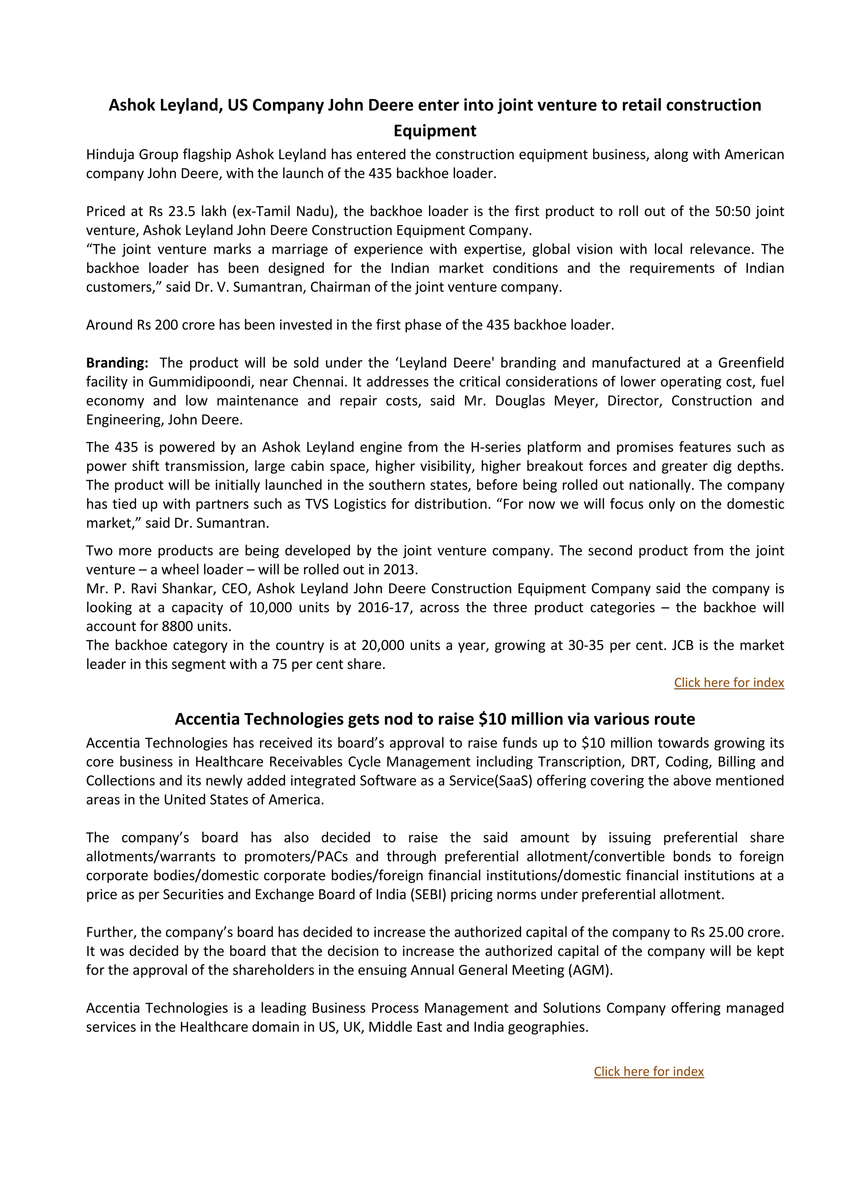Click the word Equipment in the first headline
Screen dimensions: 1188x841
click(x=434, y=131)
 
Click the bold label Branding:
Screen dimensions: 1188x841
click(x=117, y=363)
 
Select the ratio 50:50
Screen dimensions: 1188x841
click(x=732, y=211)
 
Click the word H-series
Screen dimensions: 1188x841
click(x=494, y=447)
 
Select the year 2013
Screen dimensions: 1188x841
click(x=400, y=570)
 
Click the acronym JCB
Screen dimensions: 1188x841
click(x=682, y=645)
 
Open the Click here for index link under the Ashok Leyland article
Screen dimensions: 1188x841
click(x=728, y=682)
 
